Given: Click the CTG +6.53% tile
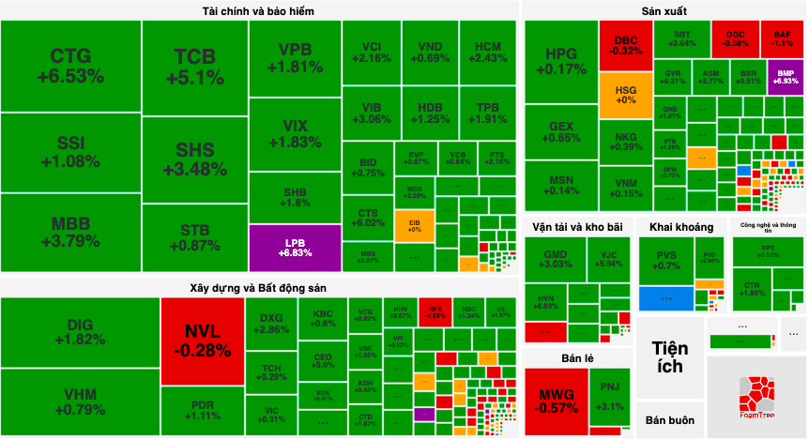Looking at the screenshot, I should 70,66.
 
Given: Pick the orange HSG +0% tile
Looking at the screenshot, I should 625,94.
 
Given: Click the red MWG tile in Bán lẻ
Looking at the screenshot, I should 556,400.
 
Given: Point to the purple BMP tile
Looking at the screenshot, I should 786,76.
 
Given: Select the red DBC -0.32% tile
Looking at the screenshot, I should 625,45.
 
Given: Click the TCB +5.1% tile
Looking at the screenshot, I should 194,66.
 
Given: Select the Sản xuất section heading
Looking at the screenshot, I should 664,11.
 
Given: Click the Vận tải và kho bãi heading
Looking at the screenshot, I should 577,227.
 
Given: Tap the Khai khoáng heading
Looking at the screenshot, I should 680,227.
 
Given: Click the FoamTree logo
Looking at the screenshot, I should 756,398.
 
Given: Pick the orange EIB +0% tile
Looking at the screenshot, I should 414,226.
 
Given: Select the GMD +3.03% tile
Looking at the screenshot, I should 556,259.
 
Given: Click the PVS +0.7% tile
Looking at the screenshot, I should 666,259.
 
